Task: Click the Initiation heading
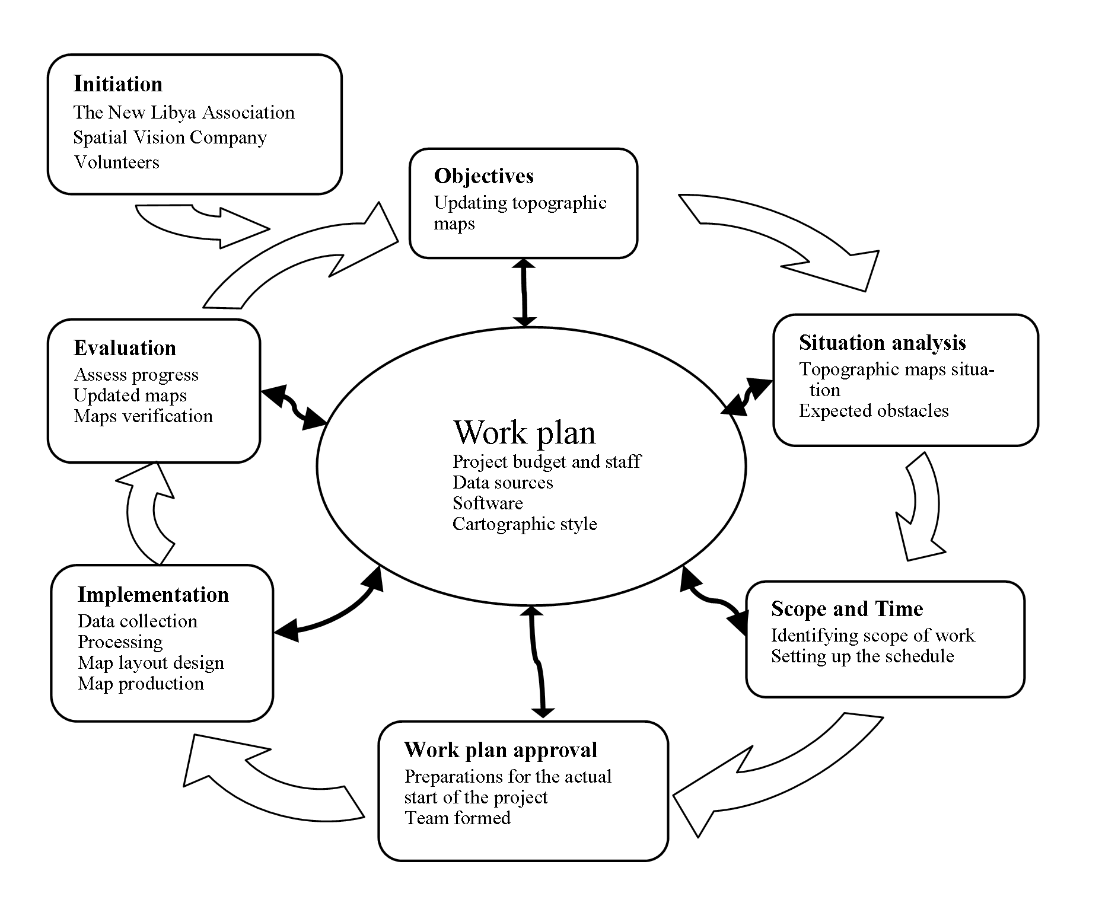(117, 84)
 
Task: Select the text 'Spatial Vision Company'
(170, 138)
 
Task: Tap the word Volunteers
(117, 162)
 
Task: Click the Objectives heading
(483, 176)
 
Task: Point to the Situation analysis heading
(882, 343)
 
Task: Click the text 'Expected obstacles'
(873, 411)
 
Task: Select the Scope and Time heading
(846, 609)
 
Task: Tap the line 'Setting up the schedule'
(862, 656)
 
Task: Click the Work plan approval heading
(500, 750)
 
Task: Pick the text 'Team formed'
(457, 818)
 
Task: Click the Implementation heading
(153, 595)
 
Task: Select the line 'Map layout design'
(151, 663)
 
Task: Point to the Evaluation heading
(125, 348)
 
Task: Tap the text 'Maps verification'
(143, 416)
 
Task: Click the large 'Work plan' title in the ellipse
(524, 432)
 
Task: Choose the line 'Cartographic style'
(524, 524)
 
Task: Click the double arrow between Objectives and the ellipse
(524, 292)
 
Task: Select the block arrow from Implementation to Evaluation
(145, 513)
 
